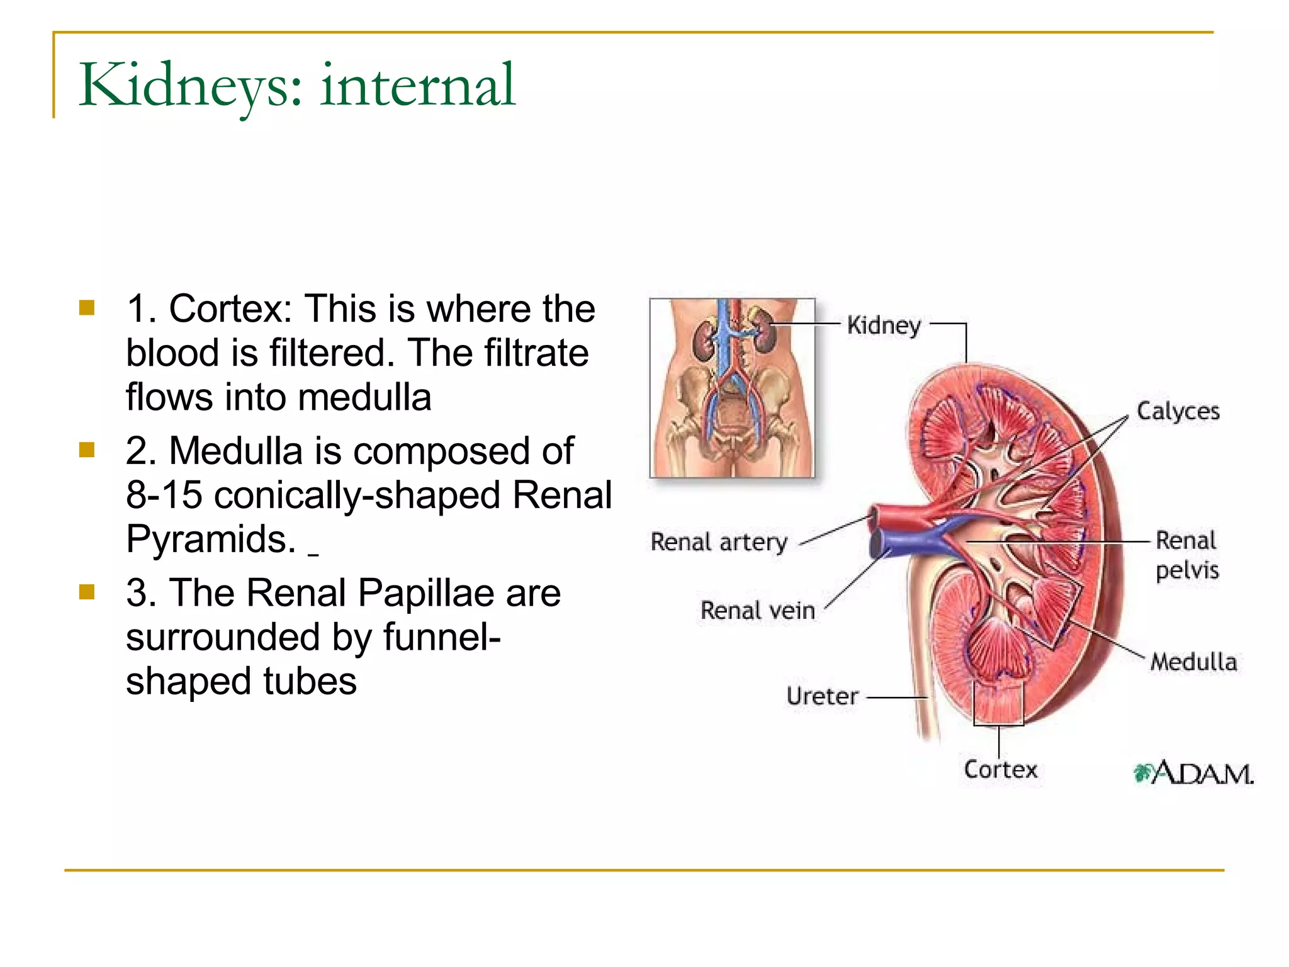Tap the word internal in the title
click(418, 85)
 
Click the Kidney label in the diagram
click(884, 325)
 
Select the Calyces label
click(1178, 411)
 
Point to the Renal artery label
click(719, 542)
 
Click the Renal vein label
click(757, 610)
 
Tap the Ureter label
click(822, 696)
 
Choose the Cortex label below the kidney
click(1000, 769)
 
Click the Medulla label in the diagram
click(1193, 662)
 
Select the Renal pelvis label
click(1187, 555)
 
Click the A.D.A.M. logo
click(1193, 773)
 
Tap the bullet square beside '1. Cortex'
click(87, 308)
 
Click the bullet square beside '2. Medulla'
click(87, 450)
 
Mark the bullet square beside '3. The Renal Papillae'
click(87, 592)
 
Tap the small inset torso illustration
click(732, 388)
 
